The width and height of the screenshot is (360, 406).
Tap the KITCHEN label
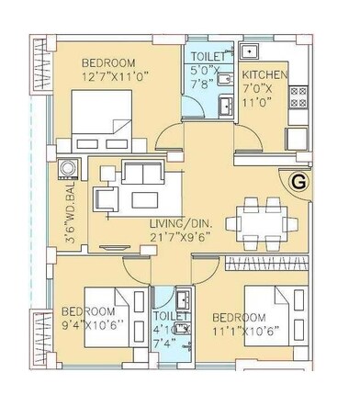pyautogui.click(x=264, y=75)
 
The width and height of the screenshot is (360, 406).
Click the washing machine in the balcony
pyautogui.click(x=68, y=172)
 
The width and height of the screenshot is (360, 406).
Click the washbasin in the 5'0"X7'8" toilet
pyautogui.click(x=222, y=107)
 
